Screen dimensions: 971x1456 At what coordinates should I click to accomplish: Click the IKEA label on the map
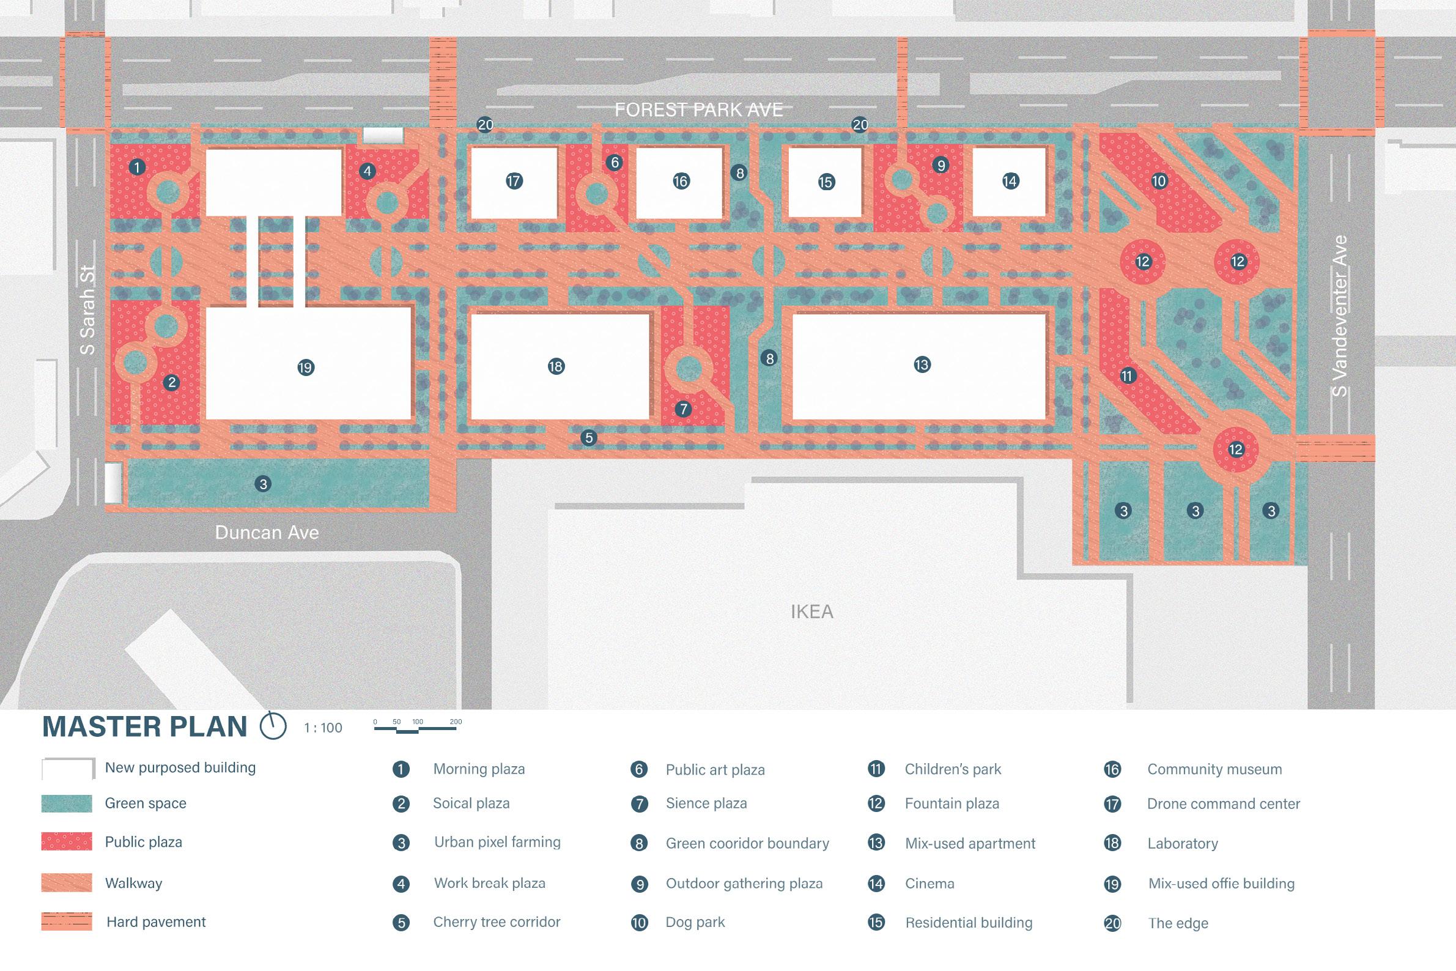click(811, 612)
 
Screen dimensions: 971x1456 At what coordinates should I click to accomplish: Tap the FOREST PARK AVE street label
click(698, 110)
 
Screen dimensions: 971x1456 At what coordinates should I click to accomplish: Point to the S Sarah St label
click(88, 310)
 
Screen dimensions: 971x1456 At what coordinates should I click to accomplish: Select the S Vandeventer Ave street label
click(1340, 316)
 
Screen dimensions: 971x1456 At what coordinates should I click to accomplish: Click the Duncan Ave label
click(267, 533)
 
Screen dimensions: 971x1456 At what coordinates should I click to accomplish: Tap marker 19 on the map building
click(305, 368)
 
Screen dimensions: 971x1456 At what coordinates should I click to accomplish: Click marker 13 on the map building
click(922, 365)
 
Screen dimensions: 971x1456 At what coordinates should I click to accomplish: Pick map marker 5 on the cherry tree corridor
click(588, 438)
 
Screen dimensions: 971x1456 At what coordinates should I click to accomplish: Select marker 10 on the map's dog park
click(1159, 181)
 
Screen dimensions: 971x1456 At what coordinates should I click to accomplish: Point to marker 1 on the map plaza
click(137, 166)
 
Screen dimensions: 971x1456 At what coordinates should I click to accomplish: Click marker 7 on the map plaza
click(682, 408)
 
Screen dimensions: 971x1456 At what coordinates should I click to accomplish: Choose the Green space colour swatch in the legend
click(67, 803)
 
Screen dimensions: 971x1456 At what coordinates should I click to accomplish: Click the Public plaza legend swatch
click(67, 841)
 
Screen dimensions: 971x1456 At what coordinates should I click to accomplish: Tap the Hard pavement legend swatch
click(67, 921)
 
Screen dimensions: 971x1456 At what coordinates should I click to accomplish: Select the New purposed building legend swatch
click(68, 768)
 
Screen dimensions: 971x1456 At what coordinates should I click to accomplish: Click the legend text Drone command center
click(1223, 804)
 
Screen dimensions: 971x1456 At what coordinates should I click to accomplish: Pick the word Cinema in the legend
click(929, 884)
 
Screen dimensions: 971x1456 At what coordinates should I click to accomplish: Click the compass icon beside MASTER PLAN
click(273, 726)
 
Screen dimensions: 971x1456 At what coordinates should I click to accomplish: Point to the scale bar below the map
click(416, 728)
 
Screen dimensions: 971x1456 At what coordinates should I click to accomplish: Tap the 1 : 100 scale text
click(323, 728)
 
